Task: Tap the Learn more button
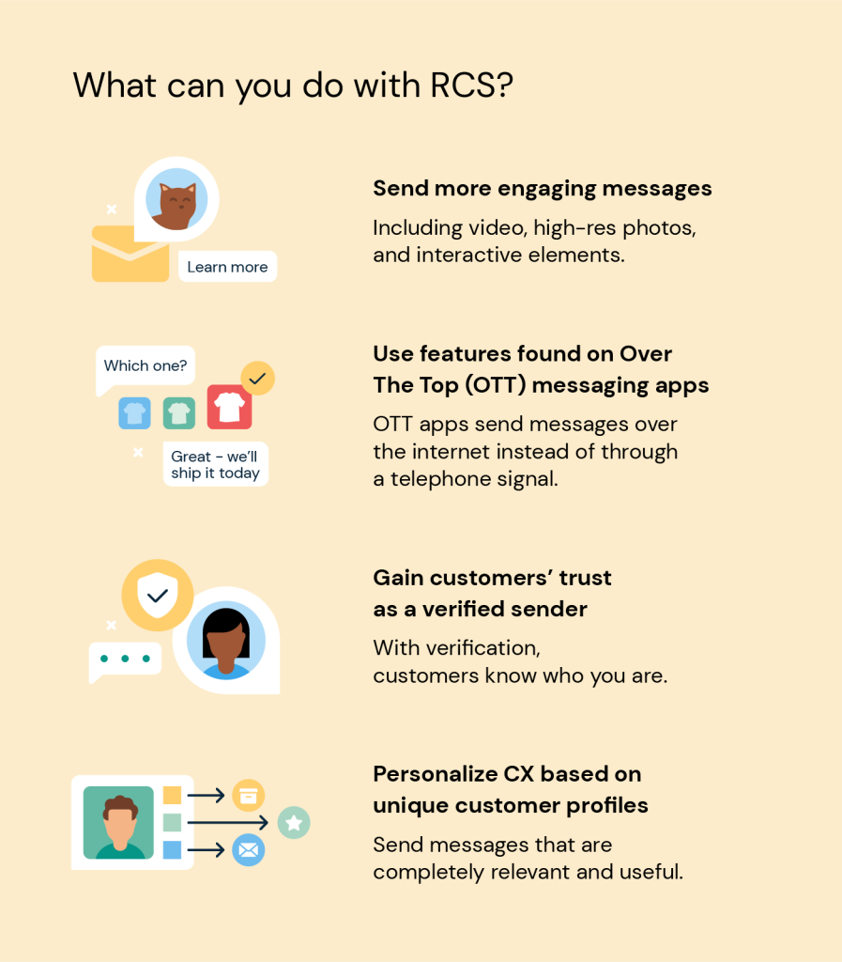227,267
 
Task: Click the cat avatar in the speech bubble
176,199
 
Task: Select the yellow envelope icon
130,254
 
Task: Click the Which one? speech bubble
145,367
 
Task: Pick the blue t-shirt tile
135,413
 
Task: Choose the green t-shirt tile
179,413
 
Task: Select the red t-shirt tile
229,407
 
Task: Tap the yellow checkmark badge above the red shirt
257,378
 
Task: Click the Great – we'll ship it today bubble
216,464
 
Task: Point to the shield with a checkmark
158,595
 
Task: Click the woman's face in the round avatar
226,641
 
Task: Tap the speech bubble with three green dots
125,660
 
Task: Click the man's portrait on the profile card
118,822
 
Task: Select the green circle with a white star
294,823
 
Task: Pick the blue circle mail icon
248,849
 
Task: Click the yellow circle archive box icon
248,796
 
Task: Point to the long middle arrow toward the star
228,822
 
